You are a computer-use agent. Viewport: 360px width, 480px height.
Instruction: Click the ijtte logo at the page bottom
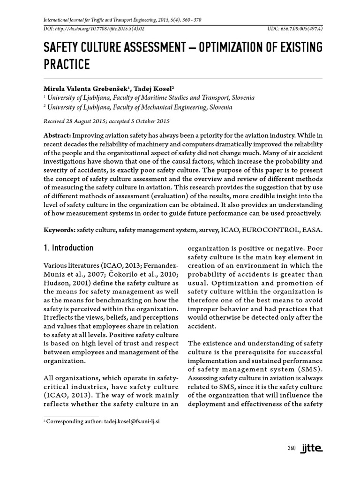pos(311,449)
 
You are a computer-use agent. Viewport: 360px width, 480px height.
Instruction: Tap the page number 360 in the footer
pos(292,449)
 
